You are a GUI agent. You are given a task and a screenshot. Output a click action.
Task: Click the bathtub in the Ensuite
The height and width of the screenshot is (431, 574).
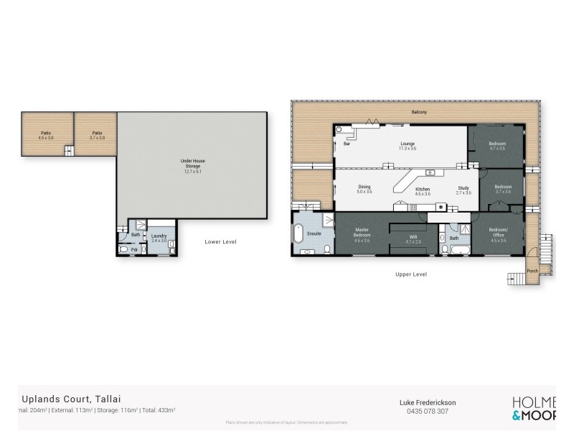click(298, 233)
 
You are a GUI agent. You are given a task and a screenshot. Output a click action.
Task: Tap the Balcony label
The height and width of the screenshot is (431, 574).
click(419, 112)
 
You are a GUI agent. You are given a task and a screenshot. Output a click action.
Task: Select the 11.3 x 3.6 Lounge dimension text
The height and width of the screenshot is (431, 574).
click(408, 148)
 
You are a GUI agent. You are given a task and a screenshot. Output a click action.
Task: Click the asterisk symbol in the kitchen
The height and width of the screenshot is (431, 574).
click(441, 208)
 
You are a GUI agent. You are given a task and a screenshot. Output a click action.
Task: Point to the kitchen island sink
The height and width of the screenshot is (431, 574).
click(429, 172)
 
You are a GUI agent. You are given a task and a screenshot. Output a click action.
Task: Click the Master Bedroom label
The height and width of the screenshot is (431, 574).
click(362, 233)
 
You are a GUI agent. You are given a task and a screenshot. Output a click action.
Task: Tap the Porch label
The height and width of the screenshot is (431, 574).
click(532, 271)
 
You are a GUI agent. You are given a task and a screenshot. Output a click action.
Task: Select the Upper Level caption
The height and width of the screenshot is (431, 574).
click(411, 274)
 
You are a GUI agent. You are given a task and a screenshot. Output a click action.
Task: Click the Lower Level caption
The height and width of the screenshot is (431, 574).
click(220, 242)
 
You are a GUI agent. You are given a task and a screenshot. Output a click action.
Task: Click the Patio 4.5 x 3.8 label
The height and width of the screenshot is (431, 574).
click(47, 134)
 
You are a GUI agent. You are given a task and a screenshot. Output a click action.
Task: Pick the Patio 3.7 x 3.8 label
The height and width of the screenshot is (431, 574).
click(97, 134)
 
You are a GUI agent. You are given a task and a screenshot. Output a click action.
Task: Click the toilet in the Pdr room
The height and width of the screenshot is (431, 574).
click(124, 249)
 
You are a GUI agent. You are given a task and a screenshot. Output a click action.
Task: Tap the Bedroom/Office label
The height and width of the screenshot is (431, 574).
click(498, 233)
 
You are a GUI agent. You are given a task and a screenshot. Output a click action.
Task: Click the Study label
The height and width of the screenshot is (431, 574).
click(464, 188)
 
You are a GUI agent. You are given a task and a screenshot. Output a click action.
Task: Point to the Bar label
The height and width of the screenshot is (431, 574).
click(347, 144)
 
